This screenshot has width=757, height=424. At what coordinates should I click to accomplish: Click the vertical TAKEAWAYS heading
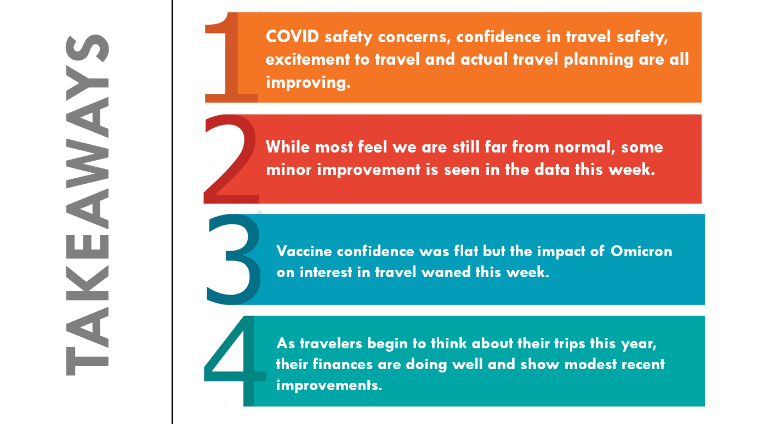pyautogui.click(x=87, y=205)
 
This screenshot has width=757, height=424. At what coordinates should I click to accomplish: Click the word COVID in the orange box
pyautogui.click(x=292, y=37)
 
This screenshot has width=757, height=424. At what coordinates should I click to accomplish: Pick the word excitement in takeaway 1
pyautogui.click(x=308, y=59)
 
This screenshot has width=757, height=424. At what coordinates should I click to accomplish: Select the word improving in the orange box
pyautogui.click(x=308, y=83)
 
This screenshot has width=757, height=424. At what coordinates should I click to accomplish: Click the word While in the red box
pyautogui.click(x=288, y=147)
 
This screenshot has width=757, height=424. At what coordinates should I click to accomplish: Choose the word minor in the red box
pyautogui.click(x=289, y=169)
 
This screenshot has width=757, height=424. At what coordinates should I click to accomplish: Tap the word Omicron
pyautogui.click(x=641, y=251)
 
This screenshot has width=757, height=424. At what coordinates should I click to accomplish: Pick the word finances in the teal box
pyautogui.click(x=343, y=364)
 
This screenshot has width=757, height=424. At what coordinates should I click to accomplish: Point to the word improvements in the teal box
pyautogui.click(x=329, y=386)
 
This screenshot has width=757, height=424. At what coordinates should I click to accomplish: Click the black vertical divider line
pyautogui.click(x=172, y=212)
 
